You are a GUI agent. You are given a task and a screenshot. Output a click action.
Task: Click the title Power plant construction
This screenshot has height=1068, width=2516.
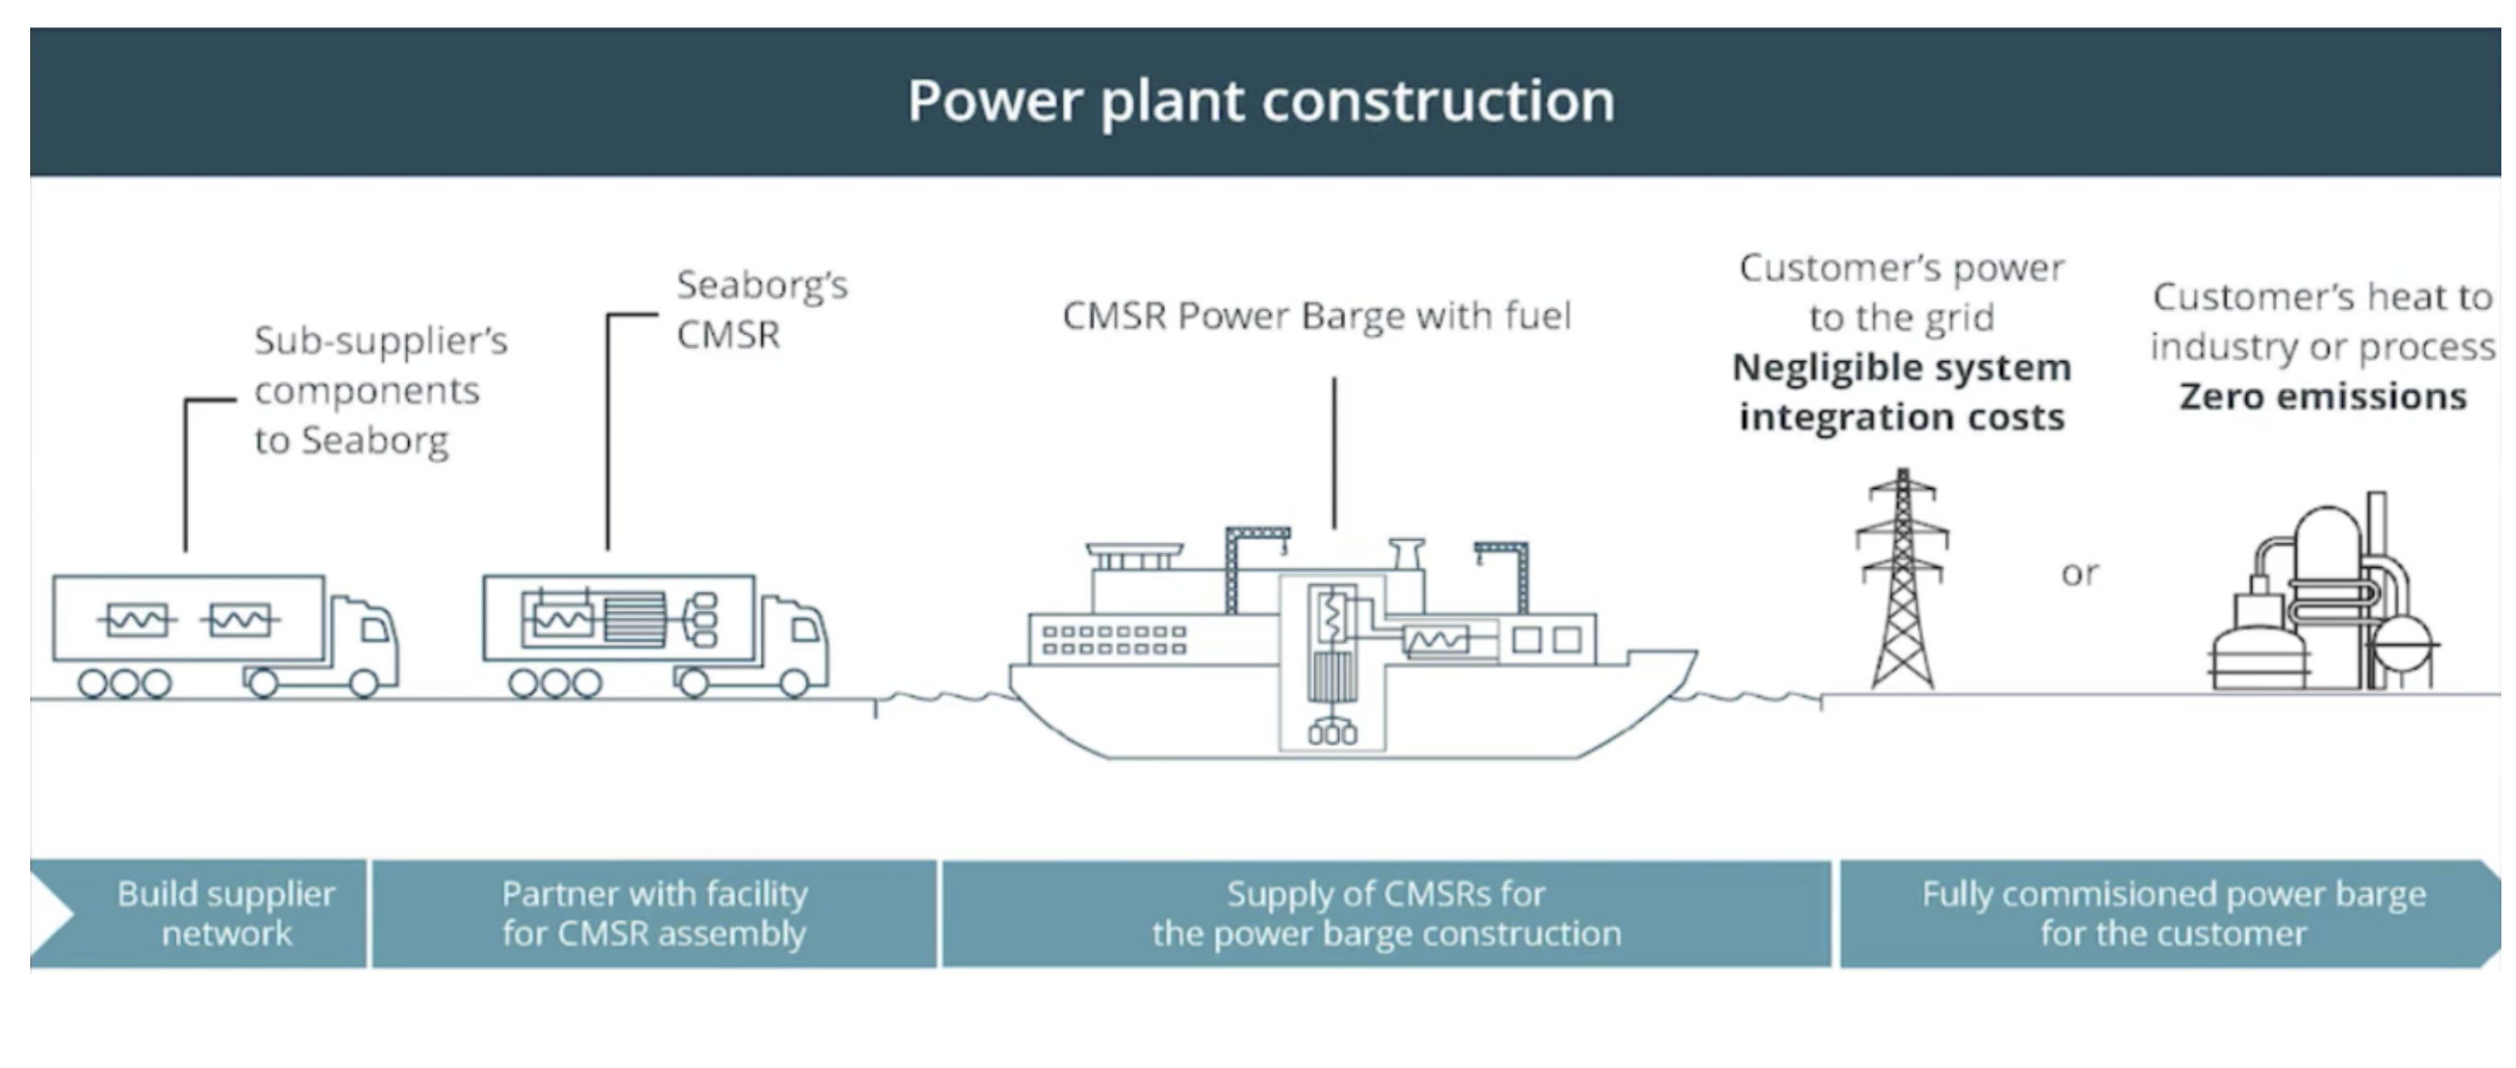pos(1260,101)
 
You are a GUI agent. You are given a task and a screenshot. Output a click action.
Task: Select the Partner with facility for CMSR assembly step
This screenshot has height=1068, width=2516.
pos(653,913)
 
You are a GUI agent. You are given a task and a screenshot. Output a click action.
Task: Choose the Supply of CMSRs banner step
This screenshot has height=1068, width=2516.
pos(1385,913)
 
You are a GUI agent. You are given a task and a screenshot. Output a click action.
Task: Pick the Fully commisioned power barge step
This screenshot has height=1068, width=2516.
pos(2172,913)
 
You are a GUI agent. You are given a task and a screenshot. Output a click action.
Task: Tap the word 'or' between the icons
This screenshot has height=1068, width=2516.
pos(2079,573)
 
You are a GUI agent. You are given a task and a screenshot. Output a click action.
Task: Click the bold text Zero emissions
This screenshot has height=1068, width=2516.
pos(2323,397)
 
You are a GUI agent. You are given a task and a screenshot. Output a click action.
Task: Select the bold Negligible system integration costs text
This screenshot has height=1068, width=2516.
pos(1901,392)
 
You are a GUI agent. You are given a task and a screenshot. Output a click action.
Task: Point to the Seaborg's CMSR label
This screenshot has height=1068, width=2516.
pos(761,310)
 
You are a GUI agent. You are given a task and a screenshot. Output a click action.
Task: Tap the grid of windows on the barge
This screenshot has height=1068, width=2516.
pos(1114,640)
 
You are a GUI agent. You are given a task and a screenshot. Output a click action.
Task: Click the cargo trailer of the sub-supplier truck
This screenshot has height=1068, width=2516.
pos(188,617)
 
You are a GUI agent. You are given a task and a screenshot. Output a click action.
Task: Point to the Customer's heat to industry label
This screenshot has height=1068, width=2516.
pos(2323,321)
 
